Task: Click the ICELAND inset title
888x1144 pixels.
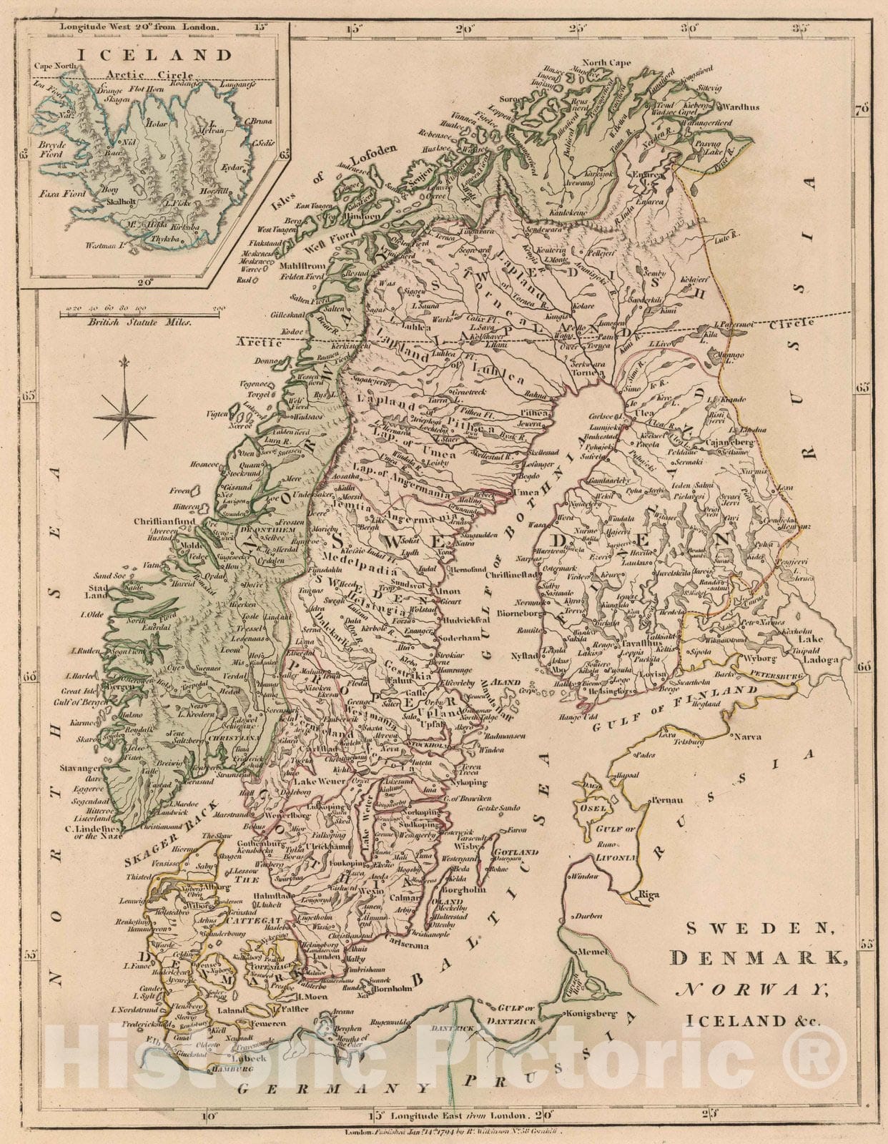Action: coord(154,54)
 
